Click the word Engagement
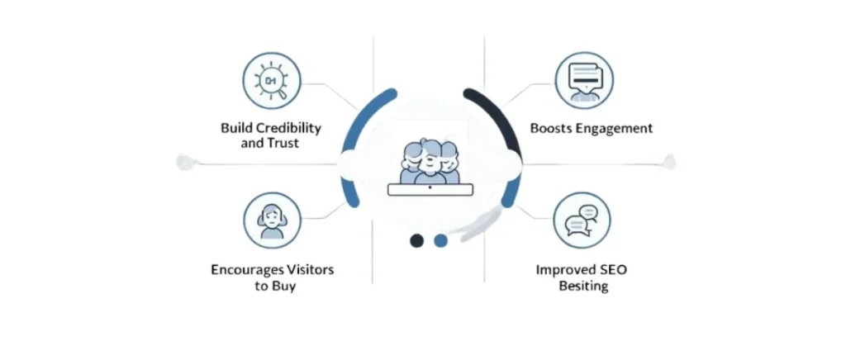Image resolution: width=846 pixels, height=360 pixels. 615,128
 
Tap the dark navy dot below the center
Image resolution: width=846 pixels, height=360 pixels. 417,240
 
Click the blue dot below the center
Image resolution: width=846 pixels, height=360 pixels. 440,240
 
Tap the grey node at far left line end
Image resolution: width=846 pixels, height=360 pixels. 184,163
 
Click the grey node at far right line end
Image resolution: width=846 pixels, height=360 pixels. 668,162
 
